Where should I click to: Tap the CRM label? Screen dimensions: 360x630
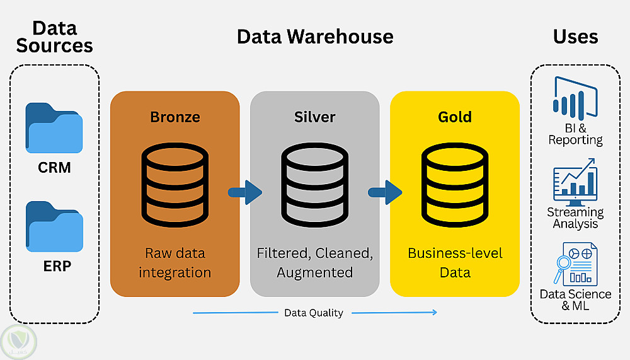pos(54,168)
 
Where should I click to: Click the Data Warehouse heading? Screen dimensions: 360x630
pos(315,36)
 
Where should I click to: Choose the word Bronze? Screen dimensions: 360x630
pos(175,117)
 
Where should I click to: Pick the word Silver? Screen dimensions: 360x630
pos(315,117)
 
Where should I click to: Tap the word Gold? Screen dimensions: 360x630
pos(455,117)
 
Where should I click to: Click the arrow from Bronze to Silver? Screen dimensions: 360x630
pos(245,192)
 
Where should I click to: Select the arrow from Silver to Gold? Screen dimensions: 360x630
pos(385,192)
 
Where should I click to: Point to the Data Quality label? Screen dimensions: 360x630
pos(314,313)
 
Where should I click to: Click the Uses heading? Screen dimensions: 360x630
pos(575,36)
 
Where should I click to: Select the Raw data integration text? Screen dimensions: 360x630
pos(175,263)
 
